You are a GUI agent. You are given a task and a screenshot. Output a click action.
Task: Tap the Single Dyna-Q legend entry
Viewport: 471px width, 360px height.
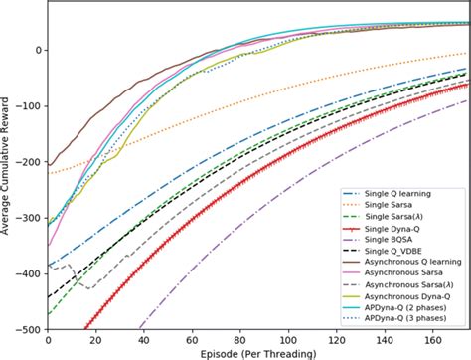point(389,230)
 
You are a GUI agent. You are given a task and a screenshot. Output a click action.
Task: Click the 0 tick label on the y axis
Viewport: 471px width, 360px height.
point(37,50)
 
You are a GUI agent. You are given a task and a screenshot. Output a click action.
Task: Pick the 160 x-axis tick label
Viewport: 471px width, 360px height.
point(435,340)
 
